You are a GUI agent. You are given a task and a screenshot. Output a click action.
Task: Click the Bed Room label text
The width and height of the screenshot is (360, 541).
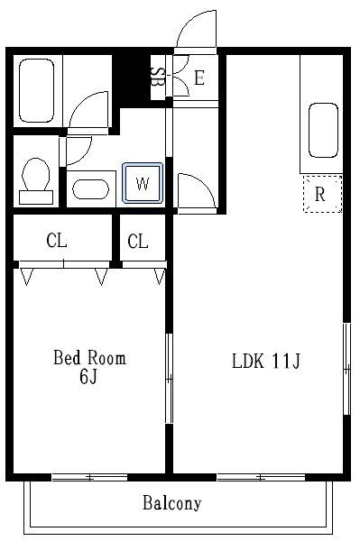tap(89, 358)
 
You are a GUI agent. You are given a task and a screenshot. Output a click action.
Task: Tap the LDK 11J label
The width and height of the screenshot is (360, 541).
tap(266, 362)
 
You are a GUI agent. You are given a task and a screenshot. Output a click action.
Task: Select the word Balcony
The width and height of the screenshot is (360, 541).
tap(172, 503)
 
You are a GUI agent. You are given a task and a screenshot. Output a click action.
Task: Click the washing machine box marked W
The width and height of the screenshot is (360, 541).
tap(143, 183)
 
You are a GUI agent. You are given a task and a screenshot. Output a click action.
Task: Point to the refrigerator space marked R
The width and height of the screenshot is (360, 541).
tap(322, 194)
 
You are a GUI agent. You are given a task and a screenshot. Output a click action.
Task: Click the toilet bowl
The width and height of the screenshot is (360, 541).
tap(35, 180)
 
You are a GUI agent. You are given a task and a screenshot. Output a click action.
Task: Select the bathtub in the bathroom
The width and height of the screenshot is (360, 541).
tap(36, 90)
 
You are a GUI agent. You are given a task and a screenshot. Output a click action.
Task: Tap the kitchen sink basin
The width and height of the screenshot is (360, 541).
tap(323, 130)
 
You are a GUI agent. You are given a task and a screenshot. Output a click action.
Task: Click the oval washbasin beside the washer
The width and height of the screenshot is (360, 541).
tap(90, 189)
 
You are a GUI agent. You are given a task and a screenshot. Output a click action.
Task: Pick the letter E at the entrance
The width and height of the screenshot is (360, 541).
tap(199, 78)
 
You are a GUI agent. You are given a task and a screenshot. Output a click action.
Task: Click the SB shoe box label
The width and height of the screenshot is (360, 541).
tap(158, 78)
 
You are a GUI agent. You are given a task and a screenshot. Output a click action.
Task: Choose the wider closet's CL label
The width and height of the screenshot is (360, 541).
tap(57, 241)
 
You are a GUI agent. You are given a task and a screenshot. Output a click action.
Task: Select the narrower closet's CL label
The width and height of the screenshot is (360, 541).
tap(138, 241)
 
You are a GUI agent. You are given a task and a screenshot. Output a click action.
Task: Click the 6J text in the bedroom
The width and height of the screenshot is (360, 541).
tap(88, 376)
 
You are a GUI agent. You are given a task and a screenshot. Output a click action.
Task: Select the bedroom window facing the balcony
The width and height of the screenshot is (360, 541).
tap(89, 478)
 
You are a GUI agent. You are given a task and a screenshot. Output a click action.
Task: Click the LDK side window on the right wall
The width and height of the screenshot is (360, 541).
tap(346, 369)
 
